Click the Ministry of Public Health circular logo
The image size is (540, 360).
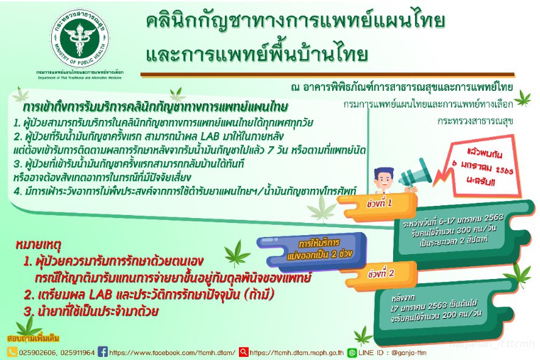point(80,38)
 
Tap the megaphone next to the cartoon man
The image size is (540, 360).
point(414,174)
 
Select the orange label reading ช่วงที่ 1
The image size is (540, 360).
point(378,205)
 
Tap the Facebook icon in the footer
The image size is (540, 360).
point(102,351)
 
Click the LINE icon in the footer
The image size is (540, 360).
point(352,353)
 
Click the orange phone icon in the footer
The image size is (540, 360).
point(12,351)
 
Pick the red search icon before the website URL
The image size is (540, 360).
point(243,351)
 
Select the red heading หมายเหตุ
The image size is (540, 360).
point(38,245)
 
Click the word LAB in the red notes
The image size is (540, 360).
point(100,295)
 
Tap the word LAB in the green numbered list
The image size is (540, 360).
point(210,136)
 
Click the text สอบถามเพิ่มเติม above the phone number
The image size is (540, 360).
point(33,338)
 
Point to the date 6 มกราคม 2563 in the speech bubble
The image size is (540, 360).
point(483,167)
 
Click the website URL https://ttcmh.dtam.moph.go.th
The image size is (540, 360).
point(297,353)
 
